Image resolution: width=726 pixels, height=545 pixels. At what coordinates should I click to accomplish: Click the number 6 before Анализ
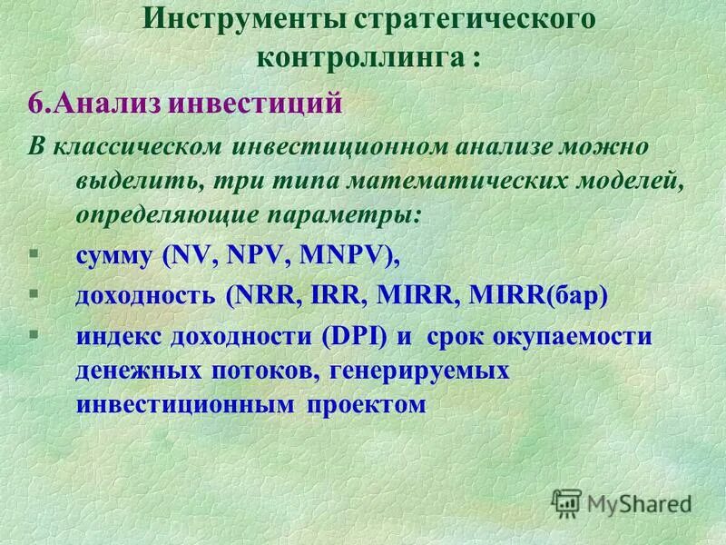click(x=34, y=102)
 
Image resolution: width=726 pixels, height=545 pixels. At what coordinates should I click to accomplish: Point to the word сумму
click(x=115, y=257)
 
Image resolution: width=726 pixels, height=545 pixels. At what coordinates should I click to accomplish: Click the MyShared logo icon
click(x=567, y=502)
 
